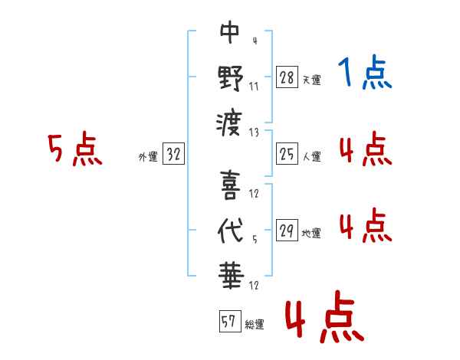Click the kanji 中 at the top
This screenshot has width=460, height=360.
[x=230, y=34]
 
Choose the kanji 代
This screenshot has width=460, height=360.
[x=230, y=231]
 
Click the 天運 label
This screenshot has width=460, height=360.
[x=311, y=80]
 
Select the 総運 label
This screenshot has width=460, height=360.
[x=255, y=325]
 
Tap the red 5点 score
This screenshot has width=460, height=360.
[x=74, y=150]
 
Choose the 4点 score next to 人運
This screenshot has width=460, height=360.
[x=364, y=149]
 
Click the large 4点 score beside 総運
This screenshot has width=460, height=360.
[x=323, y=319]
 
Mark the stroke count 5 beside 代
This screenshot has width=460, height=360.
[x=254, y=239]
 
